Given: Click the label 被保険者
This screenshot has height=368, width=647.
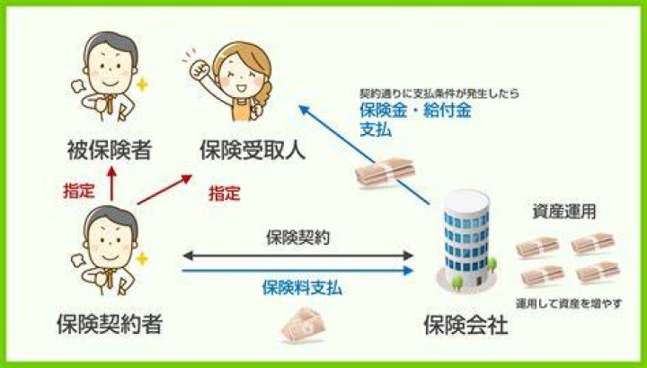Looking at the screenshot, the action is click(110, 149).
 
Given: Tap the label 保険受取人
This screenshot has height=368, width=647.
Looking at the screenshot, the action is click(253, 149).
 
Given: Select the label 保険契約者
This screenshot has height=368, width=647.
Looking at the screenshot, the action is click(110, 323).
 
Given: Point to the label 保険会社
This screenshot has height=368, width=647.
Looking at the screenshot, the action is click(465, 325).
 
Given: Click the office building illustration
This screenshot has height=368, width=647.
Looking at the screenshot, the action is click(466, 240).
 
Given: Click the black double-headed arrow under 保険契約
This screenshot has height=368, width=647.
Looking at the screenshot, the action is click(297, 256).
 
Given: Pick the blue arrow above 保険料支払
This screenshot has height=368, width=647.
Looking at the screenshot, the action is click(297, 271).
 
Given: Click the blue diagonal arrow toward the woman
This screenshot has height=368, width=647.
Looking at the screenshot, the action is click(364, 155).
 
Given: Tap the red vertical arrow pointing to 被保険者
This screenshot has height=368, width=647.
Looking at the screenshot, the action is click(111, 184).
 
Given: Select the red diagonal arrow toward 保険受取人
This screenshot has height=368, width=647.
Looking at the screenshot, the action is click(165, 189).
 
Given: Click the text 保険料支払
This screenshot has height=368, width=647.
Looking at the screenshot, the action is click(302, 288).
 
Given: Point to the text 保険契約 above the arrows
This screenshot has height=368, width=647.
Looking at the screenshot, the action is click(298, 238).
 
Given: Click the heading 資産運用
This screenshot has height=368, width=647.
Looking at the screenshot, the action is click(564, 211).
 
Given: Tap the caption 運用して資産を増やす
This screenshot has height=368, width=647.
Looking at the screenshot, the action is click(569, 303).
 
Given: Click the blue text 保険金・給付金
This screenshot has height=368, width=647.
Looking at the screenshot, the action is click(415, 111).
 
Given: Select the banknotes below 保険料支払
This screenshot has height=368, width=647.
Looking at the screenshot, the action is click(304, 325).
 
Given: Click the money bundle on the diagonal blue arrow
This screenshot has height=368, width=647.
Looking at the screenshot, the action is click(385, 172).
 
